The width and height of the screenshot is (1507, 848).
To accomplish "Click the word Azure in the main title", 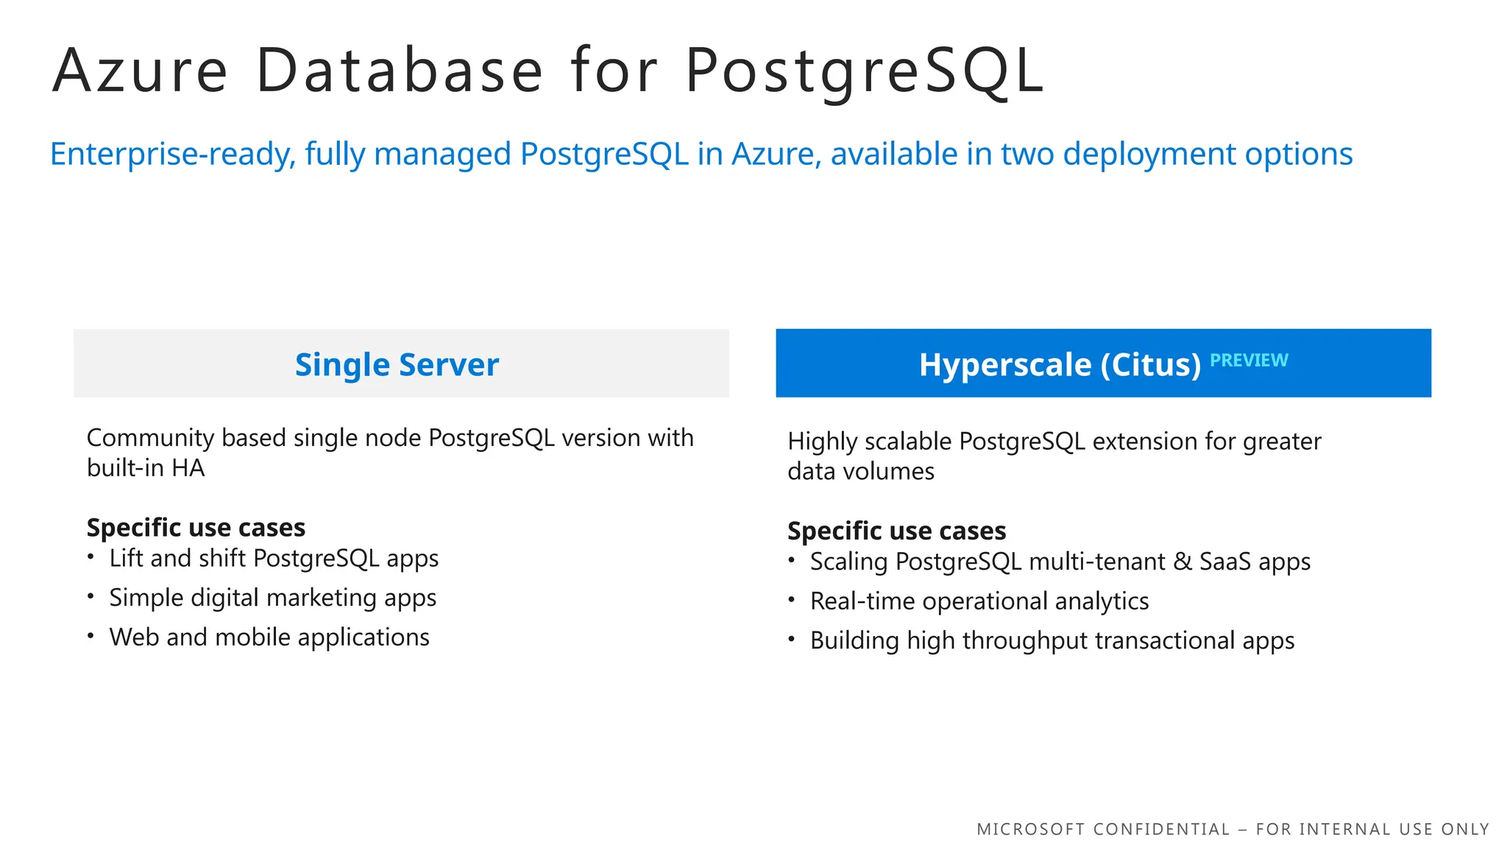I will click(x=140, y=71).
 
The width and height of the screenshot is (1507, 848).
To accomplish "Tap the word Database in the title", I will click(x=400, y=71).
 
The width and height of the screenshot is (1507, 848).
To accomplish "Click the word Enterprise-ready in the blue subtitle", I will click(x=173, y=155).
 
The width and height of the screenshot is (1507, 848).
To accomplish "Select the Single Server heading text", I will click(x=397, y=364).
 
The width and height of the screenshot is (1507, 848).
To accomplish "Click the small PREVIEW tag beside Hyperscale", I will click(x=1249, y=360).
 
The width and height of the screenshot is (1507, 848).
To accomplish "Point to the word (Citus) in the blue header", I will click(x=1151, y=364).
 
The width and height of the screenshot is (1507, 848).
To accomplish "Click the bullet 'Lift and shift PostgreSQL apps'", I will click(x=274, y=559).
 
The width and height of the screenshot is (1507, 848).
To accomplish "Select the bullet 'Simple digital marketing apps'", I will click(x=272, y=598).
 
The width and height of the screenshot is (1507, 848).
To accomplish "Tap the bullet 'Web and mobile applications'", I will click(x=269, y=637).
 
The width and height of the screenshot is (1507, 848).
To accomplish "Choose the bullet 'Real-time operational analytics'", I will click(x=979, y=601).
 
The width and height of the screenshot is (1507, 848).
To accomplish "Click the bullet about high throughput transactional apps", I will click(x=1052, y=641).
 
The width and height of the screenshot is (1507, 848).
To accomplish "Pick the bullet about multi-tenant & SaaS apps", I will click(x=1060, y=562).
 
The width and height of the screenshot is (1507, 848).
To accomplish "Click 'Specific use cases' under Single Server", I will click(x=196, y=528).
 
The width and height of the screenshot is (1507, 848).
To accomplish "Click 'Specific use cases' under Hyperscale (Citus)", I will click(x=896, y=531).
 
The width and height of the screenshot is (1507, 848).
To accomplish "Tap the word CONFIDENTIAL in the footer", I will click(x=1161, y=830).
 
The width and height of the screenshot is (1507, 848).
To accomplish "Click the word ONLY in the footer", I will click(x=1465, y=830).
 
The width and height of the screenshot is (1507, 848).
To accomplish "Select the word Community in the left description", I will click(x=150, y=438).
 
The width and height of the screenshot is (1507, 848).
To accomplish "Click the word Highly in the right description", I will click(x=822, y=442).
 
